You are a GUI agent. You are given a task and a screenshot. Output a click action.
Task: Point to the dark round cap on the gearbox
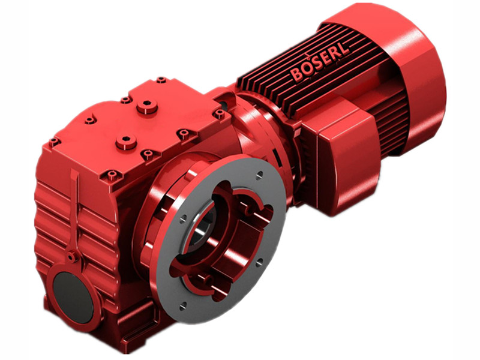click(x=71, y=294)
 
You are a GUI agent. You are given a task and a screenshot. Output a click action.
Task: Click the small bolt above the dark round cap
click(x=71, y=257)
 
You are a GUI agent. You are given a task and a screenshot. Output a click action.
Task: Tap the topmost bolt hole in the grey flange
click(x=259, y=175)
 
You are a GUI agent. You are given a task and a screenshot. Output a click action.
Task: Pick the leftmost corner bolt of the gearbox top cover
click(x=53, y=142)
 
